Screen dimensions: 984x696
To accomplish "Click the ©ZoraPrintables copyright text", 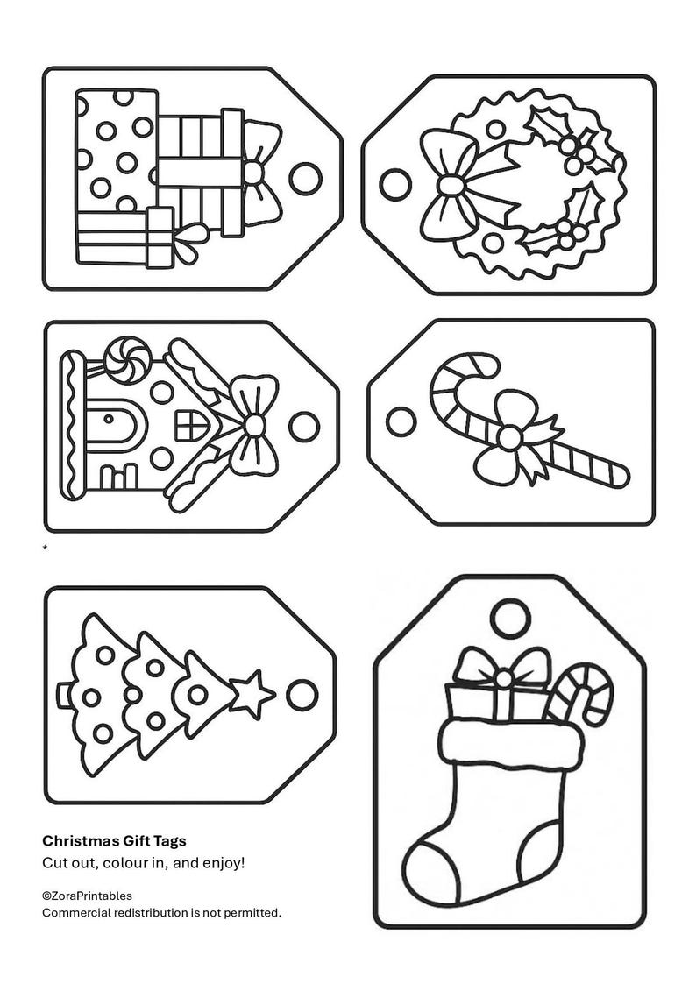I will point(87,896).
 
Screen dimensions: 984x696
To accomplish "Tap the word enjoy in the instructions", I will point(223,862).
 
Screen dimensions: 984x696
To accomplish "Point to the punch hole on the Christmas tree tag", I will point(301,692).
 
